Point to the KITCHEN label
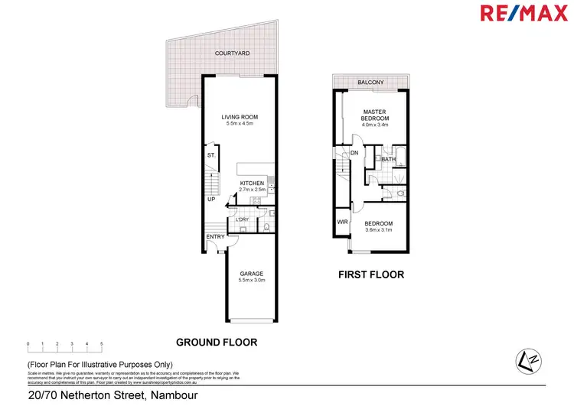point(252,184)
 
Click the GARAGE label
point(252,273)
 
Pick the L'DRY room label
point(243,220)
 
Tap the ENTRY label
point(215,236)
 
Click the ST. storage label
point(211,156)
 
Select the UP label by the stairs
point(210,200)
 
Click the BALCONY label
point(370,83)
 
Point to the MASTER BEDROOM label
point(375,115)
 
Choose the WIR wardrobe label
point(342,223)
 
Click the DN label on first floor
point(354,153)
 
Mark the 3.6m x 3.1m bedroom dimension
point(378,229)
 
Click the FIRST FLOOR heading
point(371,274)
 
